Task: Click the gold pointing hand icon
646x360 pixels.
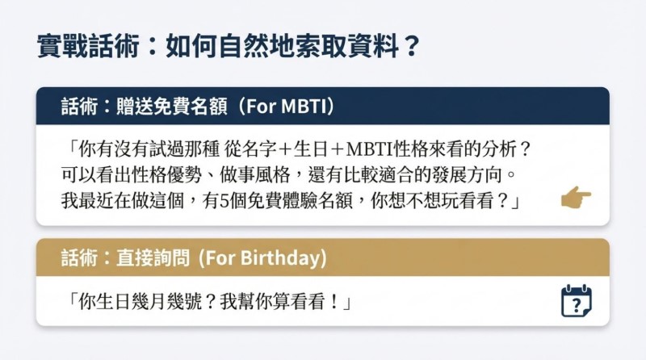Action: [576, 197]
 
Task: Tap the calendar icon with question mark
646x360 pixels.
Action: [577, 301]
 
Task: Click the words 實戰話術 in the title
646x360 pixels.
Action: [88, 46]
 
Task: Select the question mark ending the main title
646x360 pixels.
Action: [411, 46]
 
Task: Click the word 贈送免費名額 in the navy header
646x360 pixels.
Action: [172, 107]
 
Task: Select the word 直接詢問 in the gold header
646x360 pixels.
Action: [153, 257]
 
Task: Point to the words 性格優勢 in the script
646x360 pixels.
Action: [167, 175]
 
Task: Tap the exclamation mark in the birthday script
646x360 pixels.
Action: [334, 302]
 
